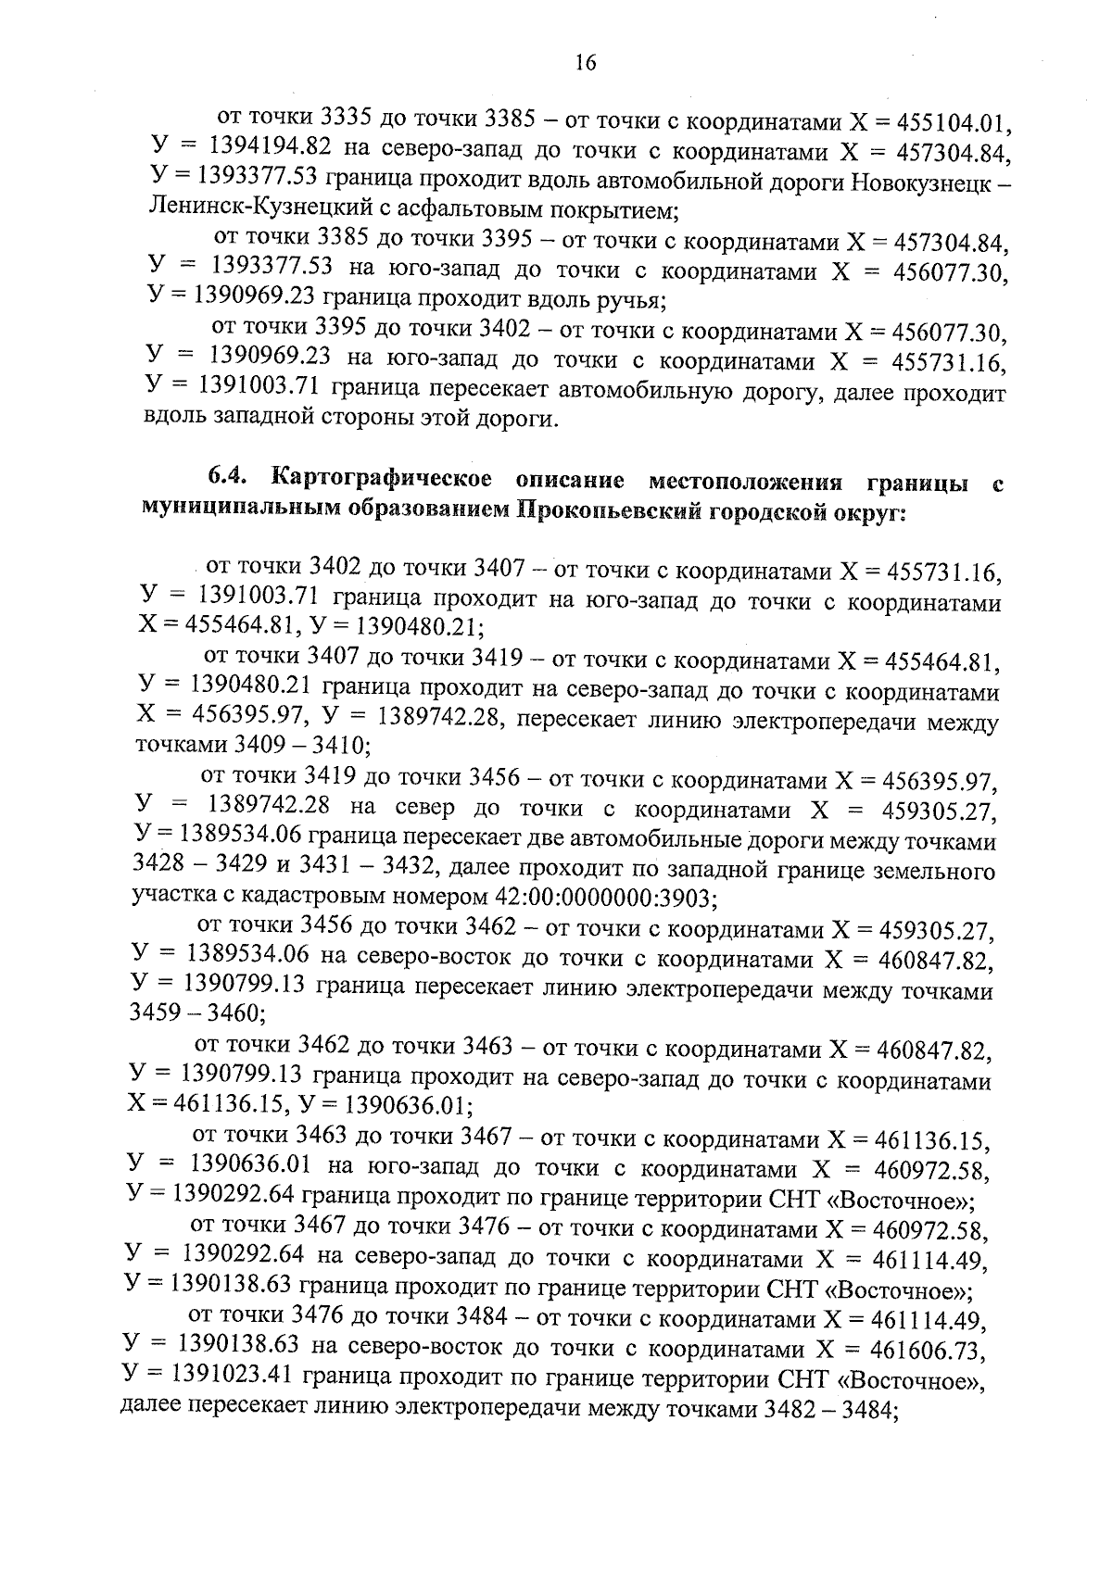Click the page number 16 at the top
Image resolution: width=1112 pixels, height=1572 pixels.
(x=585, y=62)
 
